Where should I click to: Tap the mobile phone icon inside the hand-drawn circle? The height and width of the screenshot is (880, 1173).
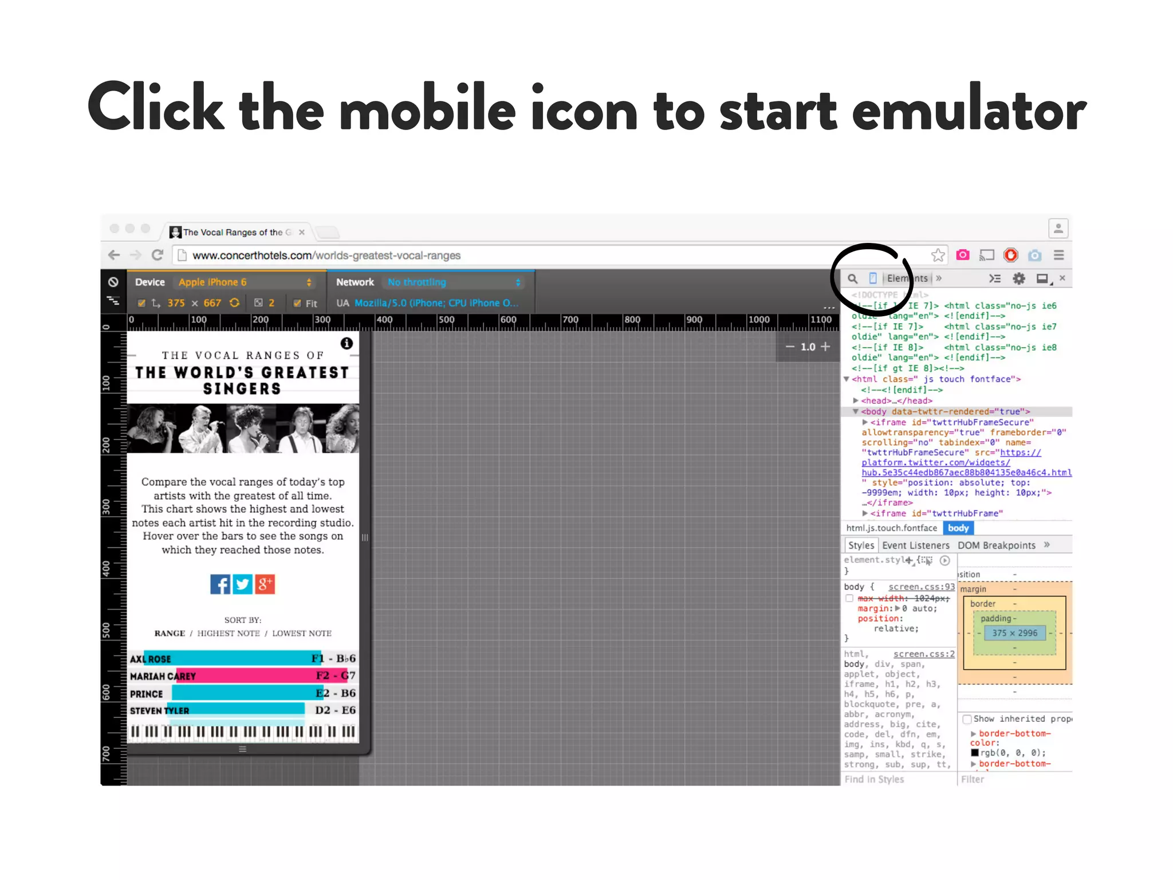(x=873, y=278)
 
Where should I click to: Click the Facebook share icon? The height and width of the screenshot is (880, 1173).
(x=220, y=584)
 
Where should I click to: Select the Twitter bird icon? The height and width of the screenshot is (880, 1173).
(x=242, y=584)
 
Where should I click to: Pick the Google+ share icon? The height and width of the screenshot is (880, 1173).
(x=265, y=584)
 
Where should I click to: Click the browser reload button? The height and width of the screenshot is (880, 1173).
(x=158, y=255)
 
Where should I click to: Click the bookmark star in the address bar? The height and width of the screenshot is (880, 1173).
(x=938, y=255)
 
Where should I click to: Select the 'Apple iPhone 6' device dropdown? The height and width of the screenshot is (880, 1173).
(x=245, y=282)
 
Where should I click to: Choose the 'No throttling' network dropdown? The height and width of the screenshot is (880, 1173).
(x=454, y=282)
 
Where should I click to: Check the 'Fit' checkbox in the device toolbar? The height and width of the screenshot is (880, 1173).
(x=297, y=303)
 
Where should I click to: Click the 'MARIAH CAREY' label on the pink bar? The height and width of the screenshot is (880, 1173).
(x=163, y=676)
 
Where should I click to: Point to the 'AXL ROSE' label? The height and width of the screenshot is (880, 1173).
(x=150, y=659)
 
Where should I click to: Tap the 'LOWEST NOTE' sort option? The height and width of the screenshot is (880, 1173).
(x=302, y=633)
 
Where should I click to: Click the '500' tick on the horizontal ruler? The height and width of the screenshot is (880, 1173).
(x=446, y=320)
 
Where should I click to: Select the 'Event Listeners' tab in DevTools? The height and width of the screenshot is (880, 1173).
(x=915, y=545)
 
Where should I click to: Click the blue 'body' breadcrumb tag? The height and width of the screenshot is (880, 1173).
(x=958, y=528)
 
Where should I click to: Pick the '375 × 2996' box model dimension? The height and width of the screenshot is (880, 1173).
(x=1014, y=633)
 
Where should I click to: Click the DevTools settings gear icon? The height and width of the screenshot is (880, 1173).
(x=1019, y=278)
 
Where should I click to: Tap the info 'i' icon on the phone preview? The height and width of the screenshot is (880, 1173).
(x=347, y=343)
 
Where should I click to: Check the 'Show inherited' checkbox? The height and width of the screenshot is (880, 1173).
(x=967, y=719)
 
